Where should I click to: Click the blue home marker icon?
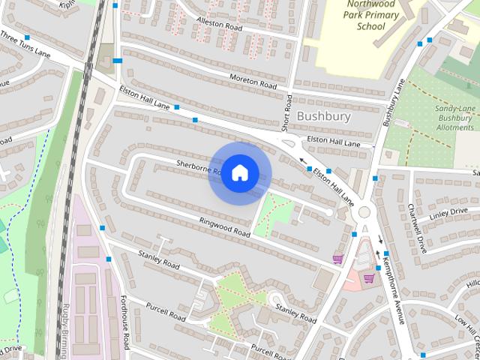click(x=239, y=173)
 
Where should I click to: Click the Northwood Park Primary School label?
click(x=365, y=16)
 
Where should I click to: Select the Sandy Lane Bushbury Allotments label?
click(x=454, y=118)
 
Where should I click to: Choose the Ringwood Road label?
click(x=224, y=227)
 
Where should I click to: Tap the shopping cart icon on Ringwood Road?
click(x=337, y=259)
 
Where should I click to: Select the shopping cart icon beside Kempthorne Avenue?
click(x=368, y=278)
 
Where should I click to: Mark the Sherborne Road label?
click(x=197, y=166)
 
